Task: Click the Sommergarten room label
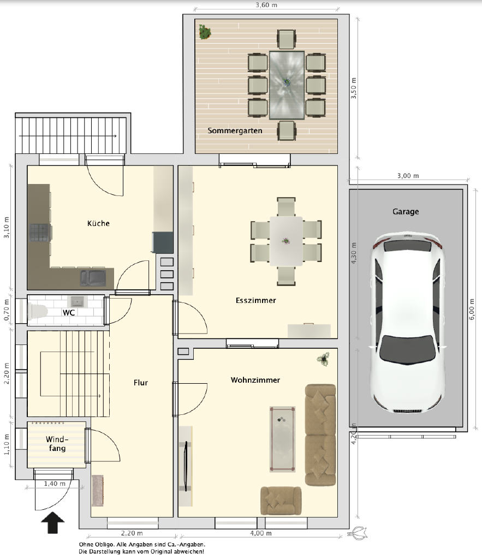(x=235, y=131)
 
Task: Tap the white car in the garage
(x=407, y=323)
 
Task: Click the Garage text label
(x=406, y=211)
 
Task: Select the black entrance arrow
(x=53, y=522)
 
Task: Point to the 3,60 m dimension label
(x=266, y=5)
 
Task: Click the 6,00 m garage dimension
(x=472, y=309)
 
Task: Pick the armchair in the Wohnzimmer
(x=281, y=501)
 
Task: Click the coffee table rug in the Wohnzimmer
(x=282, y=439)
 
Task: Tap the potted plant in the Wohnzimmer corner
(x=323, y=359)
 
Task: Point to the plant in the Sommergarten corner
(x=205, y=32)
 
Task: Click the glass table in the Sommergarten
(x=287, y=85)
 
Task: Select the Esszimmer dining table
(x=286, y=241)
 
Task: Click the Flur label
(x=140, y=383)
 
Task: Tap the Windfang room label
(x=57, y=443)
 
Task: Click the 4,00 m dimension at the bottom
(x=260, y=533)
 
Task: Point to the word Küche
(x=98, y=223)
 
